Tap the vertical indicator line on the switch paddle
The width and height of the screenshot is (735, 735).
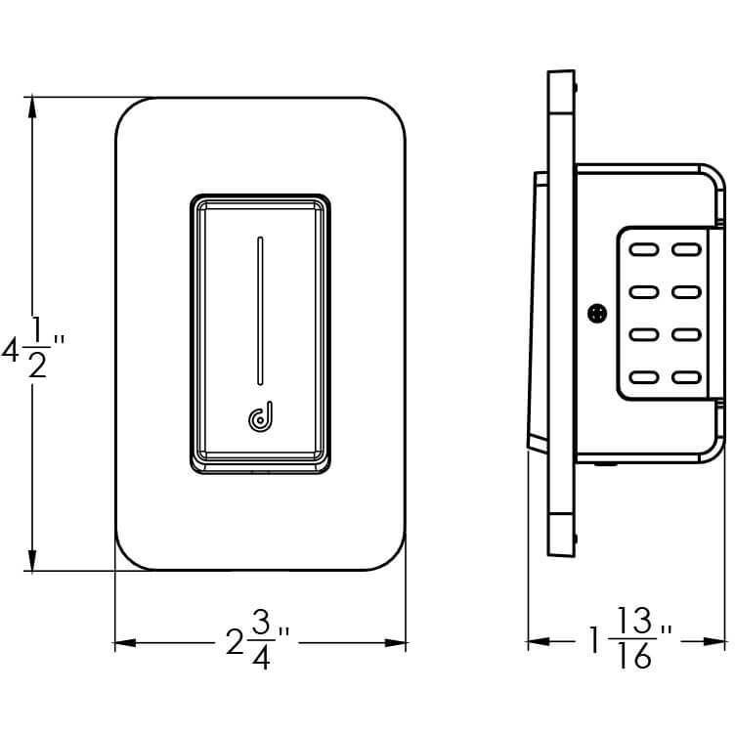pyautogui.click(x=259, y=310)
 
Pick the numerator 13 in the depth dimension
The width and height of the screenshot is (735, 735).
pyautogui.click(x=635, y=623)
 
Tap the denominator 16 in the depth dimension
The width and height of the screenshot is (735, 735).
pyautogui.click(x=635, y=658)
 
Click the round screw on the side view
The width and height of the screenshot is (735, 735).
pyautogui.click(x=597, y=313)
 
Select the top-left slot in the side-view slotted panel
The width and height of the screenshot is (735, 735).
pyautogui.click(x=643, y=249)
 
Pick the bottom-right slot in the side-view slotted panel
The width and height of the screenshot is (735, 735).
pyautogui.click(x=687, y=377)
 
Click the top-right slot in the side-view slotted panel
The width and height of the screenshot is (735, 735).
pyautogui.click(x=687, y=249)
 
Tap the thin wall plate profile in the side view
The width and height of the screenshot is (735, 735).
pyautogui.click(x=559, y=313)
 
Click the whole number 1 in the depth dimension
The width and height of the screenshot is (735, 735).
pyautogui.click(x=594, y=641)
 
